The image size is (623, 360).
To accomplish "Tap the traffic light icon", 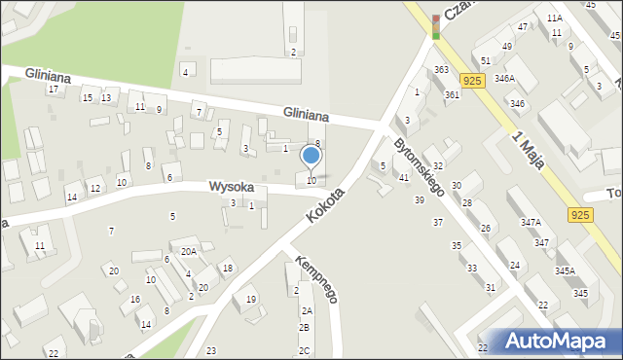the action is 435,27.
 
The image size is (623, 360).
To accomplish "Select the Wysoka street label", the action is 232,186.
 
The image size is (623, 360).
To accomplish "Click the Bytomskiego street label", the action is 419,166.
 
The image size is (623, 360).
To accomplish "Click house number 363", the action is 441,70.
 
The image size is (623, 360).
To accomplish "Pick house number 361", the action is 452,94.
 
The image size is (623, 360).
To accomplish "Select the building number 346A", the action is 504,78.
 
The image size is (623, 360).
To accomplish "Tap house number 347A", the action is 531,223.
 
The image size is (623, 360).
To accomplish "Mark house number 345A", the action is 565,270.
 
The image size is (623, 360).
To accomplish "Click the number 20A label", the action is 187,251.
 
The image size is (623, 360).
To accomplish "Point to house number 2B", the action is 305,328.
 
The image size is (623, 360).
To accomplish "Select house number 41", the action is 404,177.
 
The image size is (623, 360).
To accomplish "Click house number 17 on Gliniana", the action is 54,90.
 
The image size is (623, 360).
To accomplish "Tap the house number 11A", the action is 554,18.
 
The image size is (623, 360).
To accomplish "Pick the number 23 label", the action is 211,350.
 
